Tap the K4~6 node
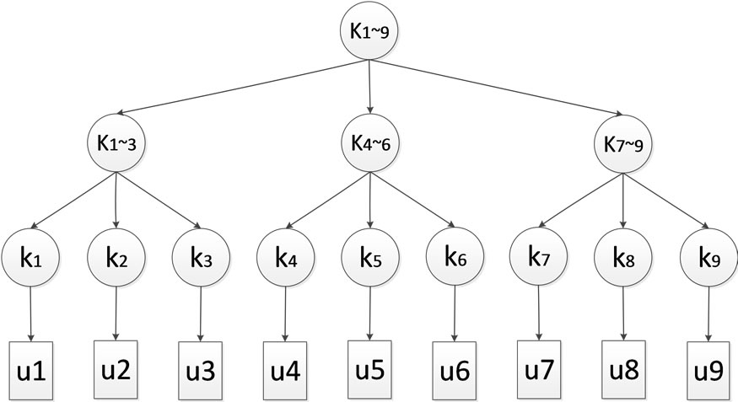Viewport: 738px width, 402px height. coord(369,142)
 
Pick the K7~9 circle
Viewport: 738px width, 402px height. coord(623,142)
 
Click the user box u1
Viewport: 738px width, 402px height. coord(30,368)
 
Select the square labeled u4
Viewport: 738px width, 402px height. coord(284,368)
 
